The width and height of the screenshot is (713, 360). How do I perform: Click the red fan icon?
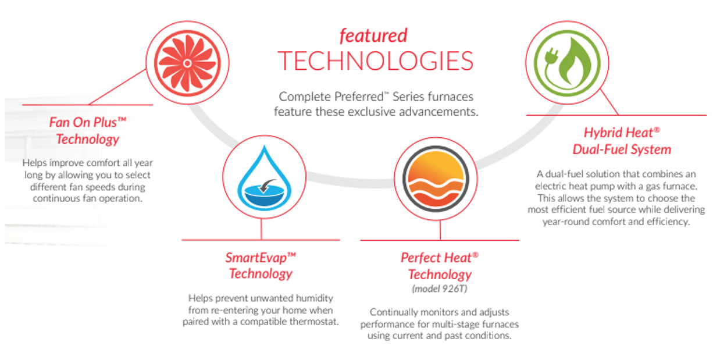tap(187, 63)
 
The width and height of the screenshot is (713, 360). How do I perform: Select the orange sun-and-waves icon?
tap(436, 179)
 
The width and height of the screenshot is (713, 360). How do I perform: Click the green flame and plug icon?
tap(567, 63)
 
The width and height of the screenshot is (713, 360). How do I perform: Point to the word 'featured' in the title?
tap(373, 35)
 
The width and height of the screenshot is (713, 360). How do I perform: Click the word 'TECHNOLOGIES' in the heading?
tap(376, 61)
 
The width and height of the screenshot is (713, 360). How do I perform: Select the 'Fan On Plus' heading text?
tap(88, 122)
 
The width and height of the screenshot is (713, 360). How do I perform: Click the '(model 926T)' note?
tap(440, 288)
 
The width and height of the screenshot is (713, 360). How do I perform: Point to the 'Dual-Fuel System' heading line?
tap(622, 149)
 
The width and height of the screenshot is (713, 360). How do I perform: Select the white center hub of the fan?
tap(187, 63)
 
